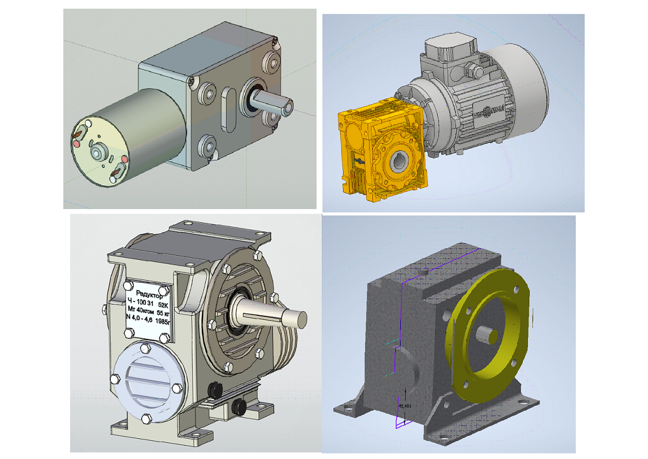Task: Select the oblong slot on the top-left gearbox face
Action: pyautogui.click(x=228, y=107)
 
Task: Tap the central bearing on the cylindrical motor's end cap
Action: pyautogui.click(x=98, y=152)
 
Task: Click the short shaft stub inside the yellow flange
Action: pyautogui.click(x=489, y=334)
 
